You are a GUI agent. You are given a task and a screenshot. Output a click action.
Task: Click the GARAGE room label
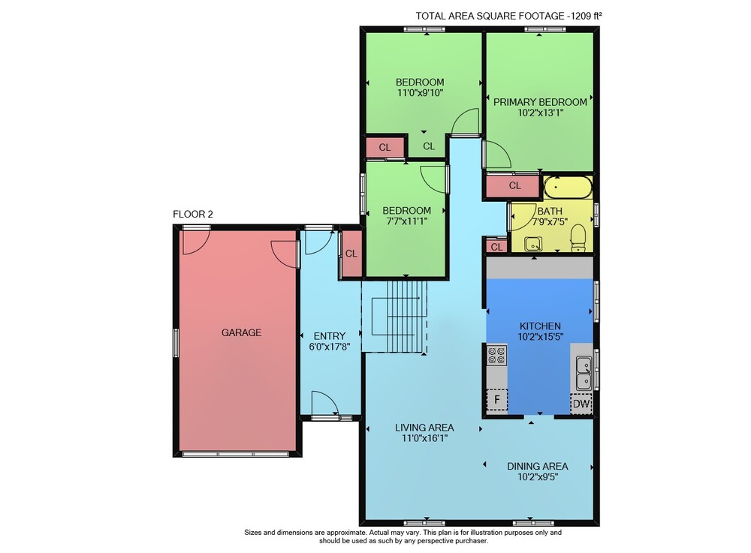pyautogui.click(x=241, y=332)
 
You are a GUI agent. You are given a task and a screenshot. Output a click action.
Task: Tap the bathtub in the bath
pyautogui.click(x=568, y=187)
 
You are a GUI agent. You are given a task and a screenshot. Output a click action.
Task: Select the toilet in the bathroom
pyautogui.click(x=578, y=237)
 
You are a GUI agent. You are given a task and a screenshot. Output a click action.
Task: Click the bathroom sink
pyautogui.click(x=532, y=244)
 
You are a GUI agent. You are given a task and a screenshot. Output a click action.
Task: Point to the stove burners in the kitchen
pyautogui.click(x=496, y=355)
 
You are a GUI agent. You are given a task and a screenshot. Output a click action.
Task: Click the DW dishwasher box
pyautogui.click(x=581, y=403)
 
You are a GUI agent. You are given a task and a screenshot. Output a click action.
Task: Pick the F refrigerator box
pyautogui.click(x=497, y=400)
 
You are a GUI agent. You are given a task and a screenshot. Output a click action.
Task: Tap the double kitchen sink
pyautogui.click(x=584, y=373)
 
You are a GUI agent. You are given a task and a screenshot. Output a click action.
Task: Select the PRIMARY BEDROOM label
pyautogui.click(x=540, y=102)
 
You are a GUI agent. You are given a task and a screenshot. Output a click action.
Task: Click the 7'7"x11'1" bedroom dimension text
pyautogui.click(x=406, y=221)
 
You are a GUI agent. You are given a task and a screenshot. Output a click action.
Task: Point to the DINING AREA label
pyautogui.click(x=538, y=466)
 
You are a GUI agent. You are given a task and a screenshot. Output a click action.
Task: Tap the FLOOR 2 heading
pyautogui.click(x=192, y=215)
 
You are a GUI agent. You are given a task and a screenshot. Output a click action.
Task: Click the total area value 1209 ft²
pyautogui.click(x=586, y=16)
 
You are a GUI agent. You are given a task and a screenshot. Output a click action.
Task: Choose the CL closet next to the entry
pyautogui.click(x=351, y=254)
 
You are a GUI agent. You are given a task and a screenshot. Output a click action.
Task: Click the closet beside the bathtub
pyautogui.click(x=514, y=186)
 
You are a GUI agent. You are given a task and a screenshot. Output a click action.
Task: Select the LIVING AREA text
pyautogui.click(x=424, y=428)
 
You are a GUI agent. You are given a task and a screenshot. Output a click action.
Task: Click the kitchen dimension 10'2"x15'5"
pyautogui.click(x=540, y=337)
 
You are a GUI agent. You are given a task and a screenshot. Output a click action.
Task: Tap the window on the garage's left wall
pyautogui.click(x=176, y=342)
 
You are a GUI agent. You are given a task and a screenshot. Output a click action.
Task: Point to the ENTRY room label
pyautogui.click(x=330, y=336)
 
